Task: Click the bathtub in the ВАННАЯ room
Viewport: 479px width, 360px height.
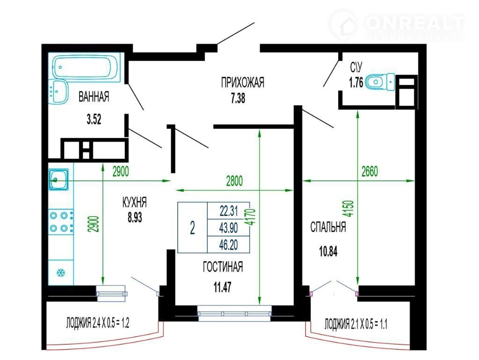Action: point(86,67)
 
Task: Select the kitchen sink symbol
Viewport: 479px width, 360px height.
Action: point(58,180)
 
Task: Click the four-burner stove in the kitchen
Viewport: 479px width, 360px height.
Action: point(61,222)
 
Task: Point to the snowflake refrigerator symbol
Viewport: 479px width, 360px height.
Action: point(61,272)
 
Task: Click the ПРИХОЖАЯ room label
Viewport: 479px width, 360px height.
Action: point(243,82)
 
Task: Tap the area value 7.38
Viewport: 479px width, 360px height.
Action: point(238,99)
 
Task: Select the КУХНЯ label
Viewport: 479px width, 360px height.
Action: point(134,202)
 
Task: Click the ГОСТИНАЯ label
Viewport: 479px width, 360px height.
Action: point(223,267)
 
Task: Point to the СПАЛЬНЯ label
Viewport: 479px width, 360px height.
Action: point(328,228)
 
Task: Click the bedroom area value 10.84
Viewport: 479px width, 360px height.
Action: point(328,252)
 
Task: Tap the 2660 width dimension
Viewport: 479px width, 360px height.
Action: point(370,171)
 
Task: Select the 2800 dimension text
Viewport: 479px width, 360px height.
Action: point(234,181)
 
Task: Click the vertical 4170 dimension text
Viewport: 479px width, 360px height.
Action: point(251,217)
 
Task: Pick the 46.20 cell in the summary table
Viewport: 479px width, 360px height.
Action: point(228,245)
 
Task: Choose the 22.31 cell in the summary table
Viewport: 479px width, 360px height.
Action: point(228,211)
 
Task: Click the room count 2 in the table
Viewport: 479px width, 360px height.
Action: point(192,228)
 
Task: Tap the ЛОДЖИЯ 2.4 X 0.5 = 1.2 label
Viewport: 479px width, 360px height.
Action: point(98,323)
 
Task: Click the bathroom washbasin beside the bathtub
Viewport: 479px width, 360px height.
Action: point(58,92)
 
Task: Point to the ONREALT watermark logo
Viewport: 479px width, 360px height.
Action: point(397,25)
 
